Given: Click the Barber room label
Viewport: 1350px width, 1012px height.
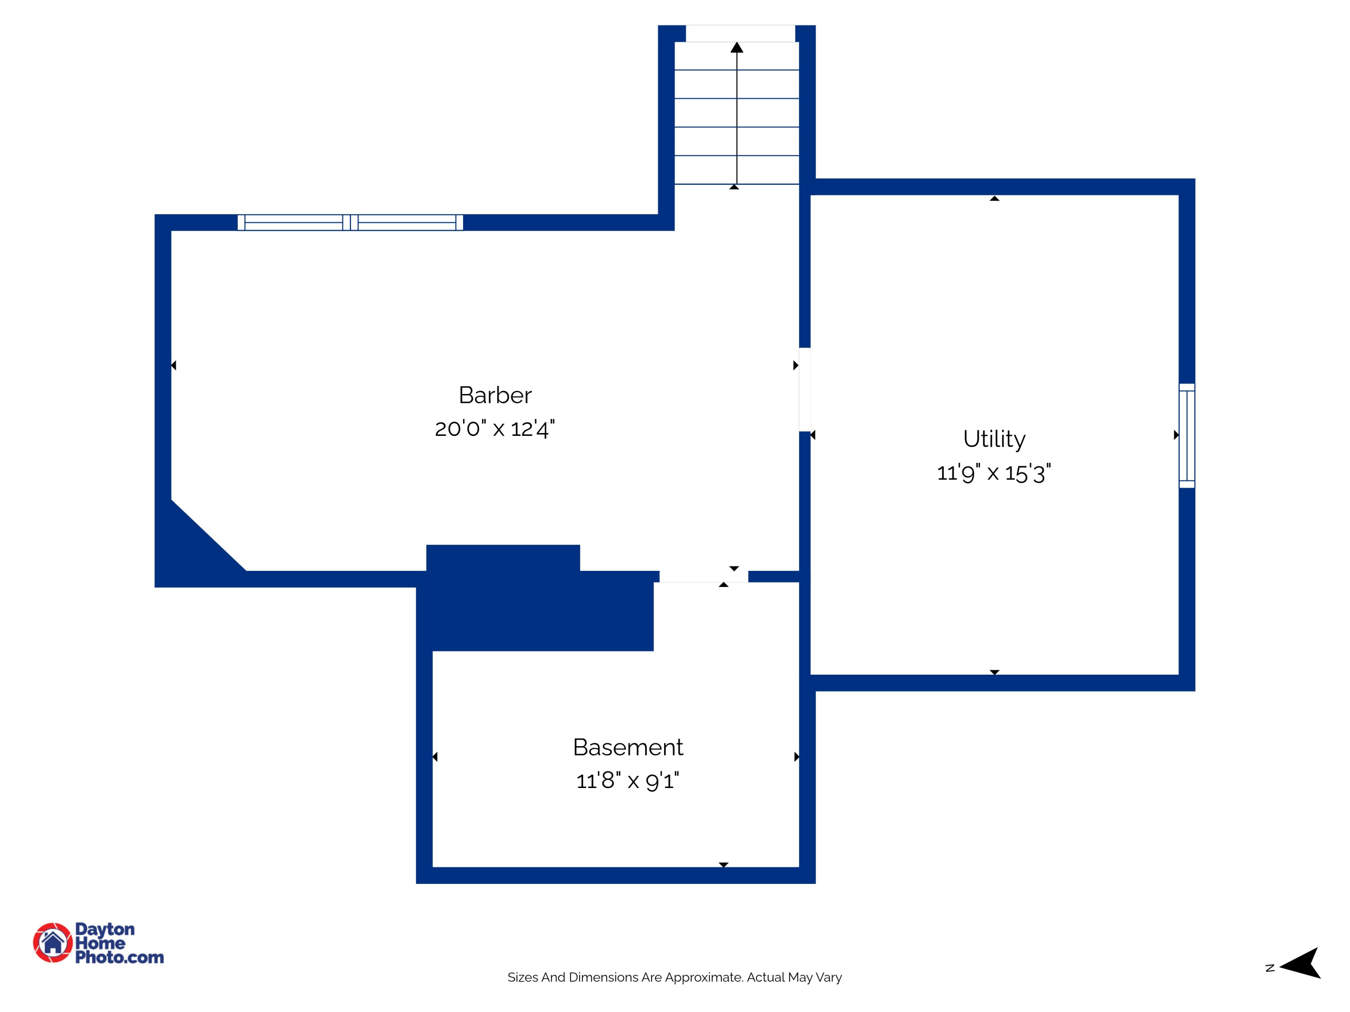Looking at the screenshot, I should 495,395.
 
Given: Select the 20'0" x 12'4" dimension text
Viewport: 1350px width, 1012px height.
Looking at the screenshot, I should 495,429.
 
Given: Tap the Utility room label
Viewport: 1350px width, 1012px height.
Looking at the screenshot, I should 994,439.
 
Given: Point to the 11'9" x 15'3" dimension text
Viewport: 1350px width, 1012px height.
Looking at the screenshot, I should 994,473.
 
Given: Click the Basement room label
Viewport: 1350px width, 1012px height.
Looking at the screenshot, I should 628,747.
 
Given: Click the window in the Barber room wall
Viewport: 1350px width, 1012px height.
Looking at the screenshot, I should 350,223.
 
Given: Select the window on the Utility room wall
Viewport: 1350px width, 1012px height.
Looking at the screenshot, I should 1187,435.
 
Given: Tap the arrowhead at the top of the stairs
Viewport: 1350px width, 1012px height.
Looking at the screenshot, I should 737,48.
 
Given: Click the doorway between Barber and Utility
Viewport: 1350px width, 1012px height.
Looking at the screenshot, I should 805,389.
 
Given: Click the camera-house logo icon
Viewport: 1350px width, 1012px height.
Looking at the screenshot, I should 53,942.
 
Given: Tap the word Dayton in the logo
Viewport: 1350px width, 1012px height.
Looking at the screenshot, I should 104,929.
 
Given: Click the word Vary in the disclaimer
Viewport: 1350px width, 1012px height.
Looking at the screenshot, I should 829,977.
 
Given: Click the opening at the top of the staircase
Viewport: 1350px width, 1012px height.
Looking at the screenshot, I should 740,34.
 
